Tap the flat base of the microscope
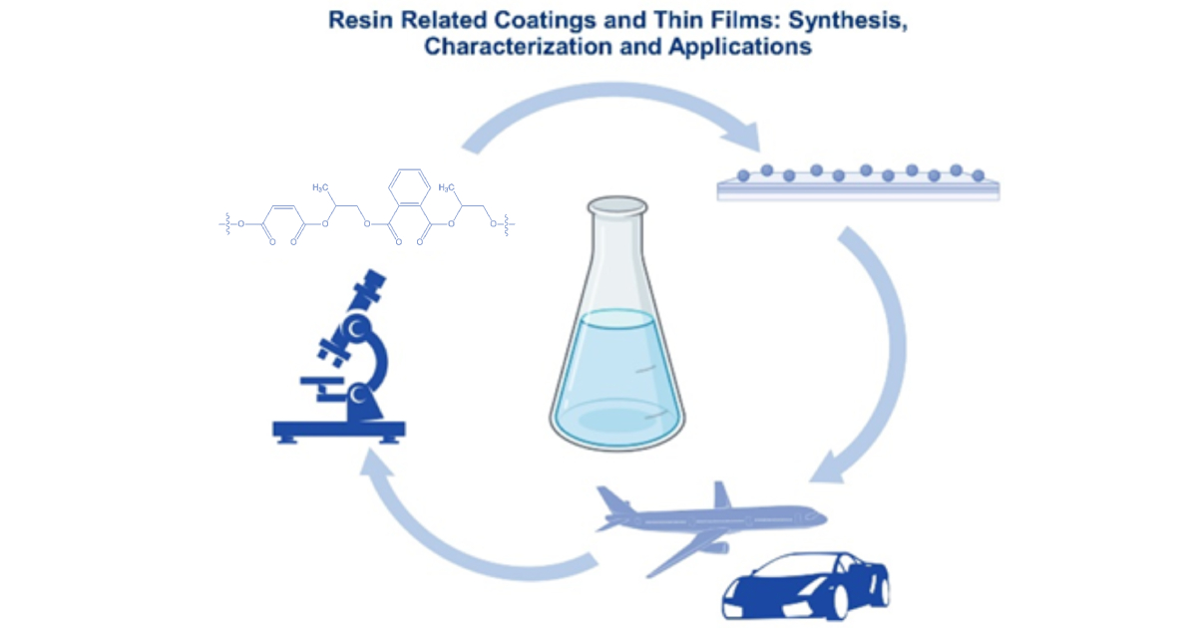tap(338, 431)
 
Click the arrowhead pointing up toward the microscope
tap(379, 465)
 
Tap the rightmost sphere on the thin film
tap(979, 175)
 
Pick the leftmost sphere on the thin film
tap(743, 175)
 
